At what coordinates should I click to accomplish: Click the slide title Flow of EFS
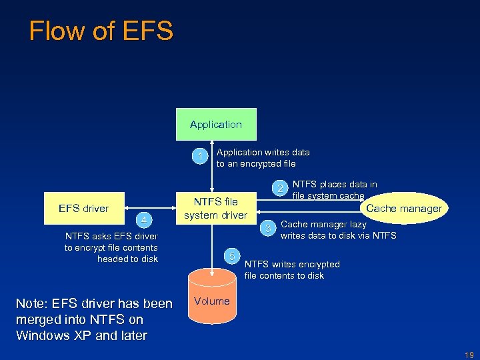101,31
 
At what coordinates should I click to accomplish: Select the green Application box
215,124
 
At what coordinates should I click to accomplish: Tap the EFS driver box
83,208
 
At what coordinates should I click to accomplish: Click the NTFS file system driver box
215,208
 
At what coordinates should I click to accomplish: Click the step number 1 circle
198,157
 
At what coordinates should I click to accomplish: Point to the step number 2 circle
282,188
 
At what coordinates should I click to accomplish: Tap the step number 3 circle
268,229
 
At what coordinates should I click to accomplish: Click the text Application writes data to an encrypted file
263,158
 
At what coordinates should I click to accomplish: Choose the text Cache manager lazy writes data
337,230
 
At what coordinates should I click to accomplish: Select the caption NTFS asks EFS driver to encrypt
111,247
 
